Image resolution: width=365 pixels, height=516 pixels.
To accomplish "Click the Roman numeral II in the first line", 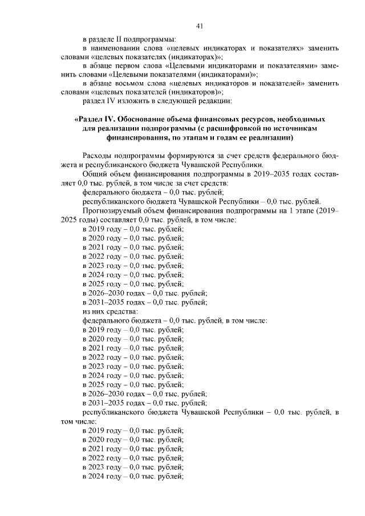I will (x=125, y=39).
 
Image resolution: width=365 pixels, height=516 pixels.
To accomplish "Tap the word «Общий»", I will (x=95, y=174).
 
